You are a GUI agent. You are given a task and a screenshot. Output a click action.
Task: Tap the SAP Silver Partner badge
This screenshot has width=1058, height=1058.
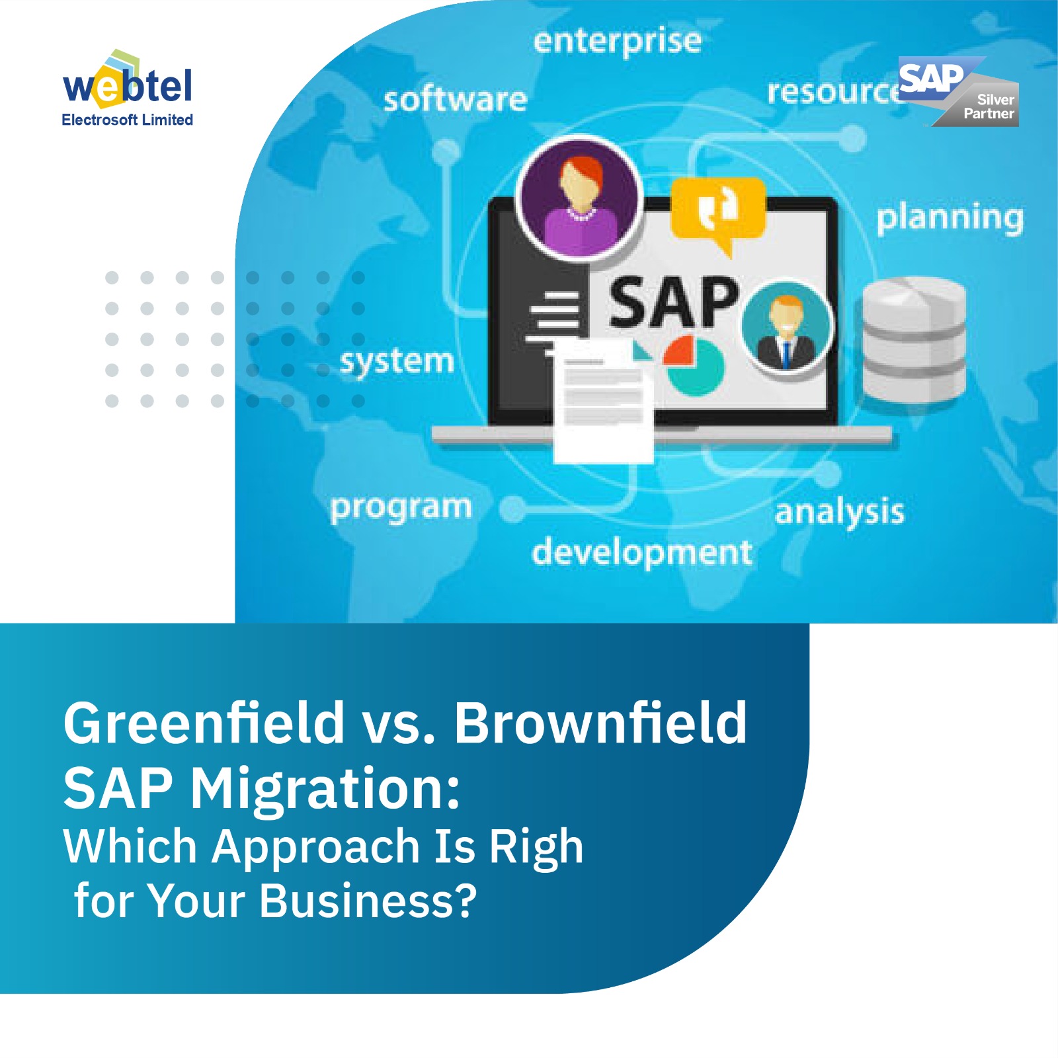[x=959, y=93]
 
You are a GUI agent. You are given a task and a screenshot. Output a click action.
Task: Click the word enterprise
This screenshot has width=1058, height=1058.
[x=617, y=41]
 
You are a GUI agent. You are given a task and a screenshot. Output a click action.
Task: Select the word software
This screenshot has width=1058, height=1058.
[x=456, y=99]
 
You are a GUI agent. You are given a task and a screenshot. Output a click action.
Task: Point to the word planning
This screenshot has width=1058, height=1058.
[x=950, y=218]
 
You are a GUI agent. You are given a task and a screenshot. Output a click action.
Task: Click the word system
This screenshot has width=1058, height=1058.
[x=397, y=362]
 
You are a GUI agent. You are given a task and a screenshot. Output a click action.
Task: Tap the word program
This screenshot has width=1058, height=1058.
[x=401, y=508]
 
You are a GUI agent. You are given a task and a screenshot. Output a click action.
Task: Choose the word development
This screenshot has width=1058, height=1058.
[x=641, y=553]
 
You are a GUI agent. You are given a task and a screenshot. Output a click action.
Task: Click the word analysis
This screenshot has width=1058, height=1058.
[x=839, y=512]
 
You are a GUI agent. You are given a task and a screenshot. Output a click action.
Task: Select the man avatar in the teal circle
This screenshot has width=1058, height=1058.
[x=786, y=325]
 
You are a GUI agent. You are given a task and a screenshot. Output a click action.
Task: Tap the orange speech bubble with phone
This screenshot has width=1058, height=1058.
[x=718, y=210]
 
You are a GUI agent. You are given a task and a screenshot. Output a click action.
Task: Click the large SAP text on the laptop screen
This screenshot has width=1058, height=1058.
[x=673, y=303]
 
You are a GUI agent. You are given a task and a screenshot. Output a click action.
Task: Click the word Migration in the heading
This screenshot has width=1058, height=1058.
[x=325, y=789]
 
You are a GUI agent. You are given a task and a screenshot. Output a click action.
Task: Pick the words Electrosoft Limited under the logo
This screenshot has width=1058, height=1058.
[x=127, y=120]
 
